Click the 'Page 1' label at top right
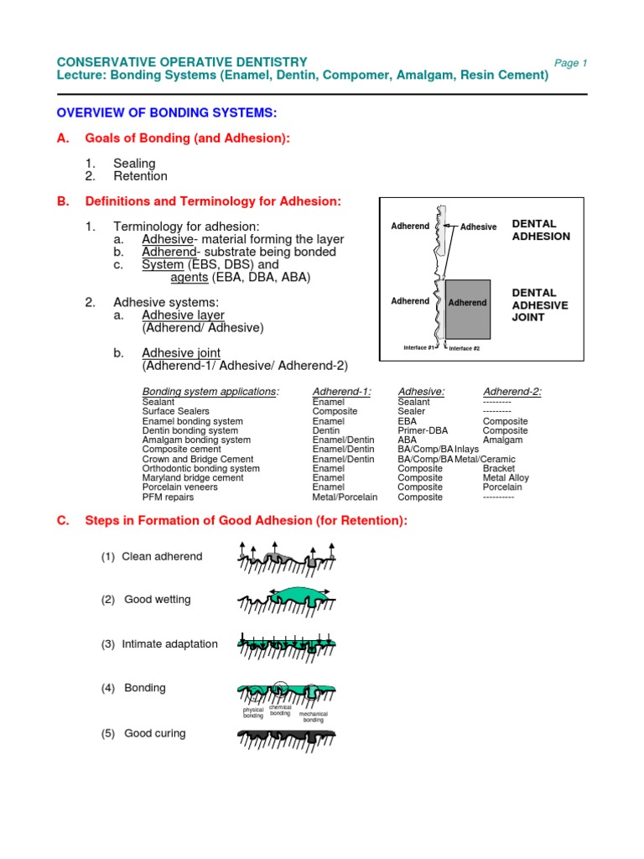click(x=571, y=64)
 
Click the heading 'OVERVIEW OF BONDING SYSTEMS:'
click(x=166, y=112)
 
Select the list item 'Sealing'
click(x=134, y=164)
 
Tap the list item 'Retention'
click(x=140, y=176)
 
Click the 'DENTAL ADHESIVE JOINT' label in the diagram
click(x=539, y=305)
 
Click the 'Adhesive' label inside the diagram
click(x=479, y=226)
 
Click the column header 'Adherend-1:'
click(x=341, y=391)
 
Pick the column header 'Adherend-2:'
click(x=512, y=391)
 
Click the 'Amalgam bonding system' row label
click(x=196, y=440)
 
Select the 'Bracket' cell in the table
click(x=500, y=468)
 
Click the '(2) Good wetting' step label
click(x=146, y=600)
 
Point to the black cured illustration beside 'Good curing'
click(x=287, y=738)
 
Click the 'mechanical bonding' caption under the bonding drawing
click(x=313, y=717)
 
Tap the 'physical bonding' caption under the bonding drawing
click(x=253, y=713)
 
